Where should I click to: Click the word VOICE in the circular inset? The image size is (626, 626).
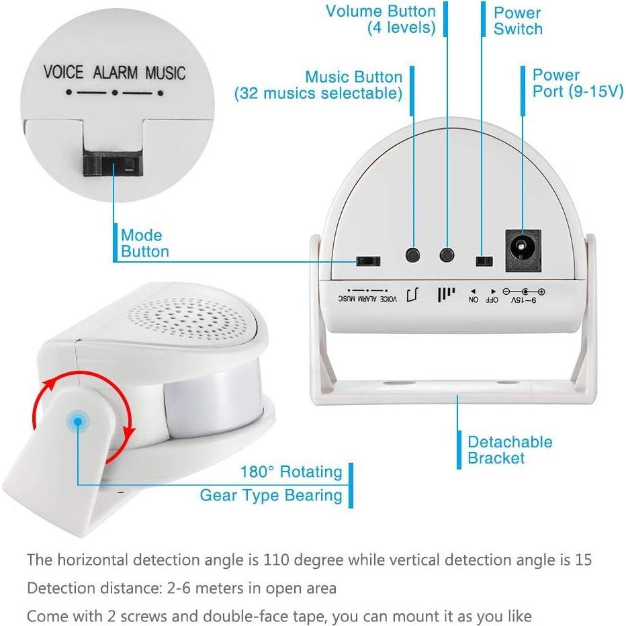(x=64, y=72)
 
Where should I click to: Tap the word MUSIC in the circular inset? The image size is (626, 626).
(x=165, y=72)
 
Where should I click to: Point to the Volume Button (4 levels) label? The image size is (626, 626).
(x=382, y=19)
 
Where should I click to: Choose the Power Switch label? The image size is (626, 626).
(x=518, y=21)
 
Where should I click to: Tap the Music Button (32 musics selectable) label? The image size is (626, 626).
(x=318, y=85)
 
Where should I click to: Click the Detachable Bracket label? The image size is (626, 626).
(x=510, y=450)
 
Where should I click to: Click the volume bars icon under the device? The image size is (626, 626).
(x=445, y=296)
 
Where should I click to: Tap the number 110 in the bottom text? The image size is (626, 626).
(x=276, y=560)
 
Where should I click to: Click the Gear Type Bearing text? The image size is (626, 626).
(x=271, y=496)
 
